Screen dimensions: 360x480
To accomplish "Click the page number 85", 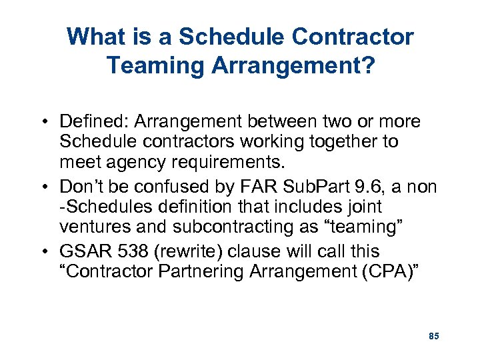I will tap(433, 336).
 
